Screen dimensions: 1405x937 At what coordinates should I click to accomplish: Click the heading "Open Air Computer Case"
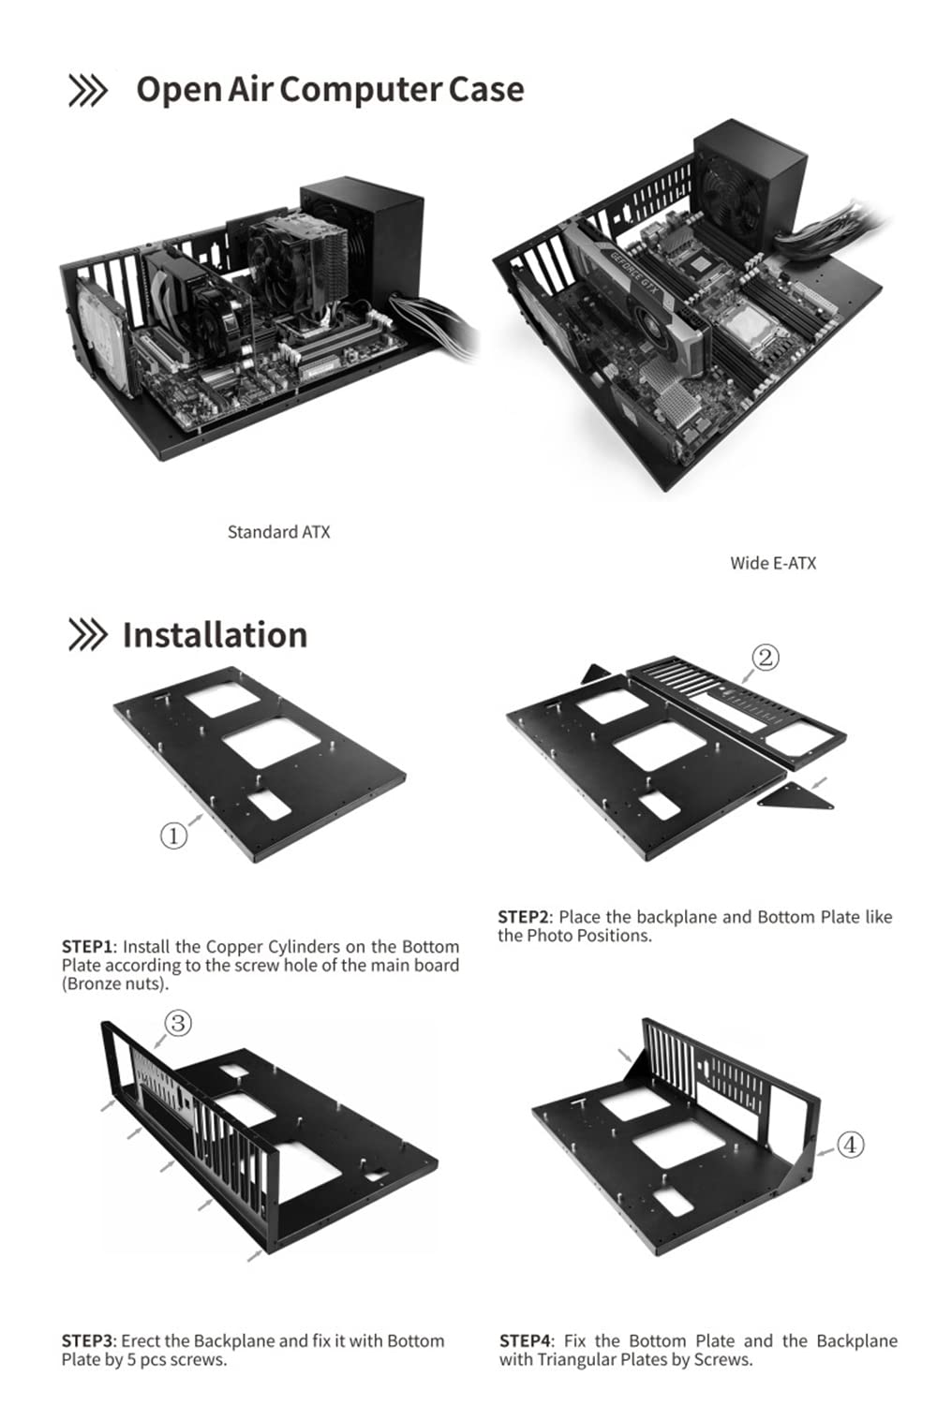pyautogui.click(x=330, y=90)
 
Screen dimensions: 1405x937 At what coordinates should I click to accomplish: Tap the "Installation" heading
pyautogui.click(x=215, y=635)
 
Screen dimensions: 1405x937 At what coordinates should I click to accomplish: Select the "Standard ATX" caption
pyautogui.click(x=278, y=532)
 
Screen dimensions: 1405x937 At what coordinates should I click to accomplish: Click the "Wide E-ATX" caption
pyautogui.click(x=773, y=563)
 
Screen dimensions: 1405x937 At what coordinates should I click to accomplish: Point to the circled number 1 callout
pyautogui.click(x=174, y=835)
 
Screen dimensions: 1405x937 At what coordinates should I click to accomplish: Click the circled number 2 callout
pyautogui.click(x=766, y=658)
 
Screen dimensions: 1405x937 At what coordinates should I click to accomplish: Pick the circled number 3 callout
pyautogui.click(x=178, y=1023)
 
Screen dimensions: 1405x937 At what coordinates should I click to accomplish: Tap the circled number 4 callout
pyautogui.click(x=850, y=1145)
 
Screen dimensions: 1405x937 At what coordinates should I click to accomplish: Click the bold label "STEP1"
pyautogui.click(x=87, y=947)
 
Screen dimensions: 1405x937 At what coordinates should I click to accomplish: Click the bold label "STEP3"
pyautogui.click(x=87, y=1341)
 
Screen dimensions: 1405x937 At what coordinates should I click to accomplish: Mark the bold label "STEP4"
pyautogui.click(x=526, y=1341)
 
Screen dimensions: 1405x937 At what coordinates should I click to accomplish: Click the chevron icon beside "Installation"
pyautogui.click(x=88, y=635)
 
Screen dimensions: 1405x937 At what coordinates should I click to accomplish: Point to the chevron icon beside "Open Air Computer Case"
pyautogui.click(x=88, y=91)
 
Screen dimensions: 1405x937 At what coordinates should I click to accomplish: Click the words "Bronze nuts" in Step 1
pyautogui.click(x=115, y=984)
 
